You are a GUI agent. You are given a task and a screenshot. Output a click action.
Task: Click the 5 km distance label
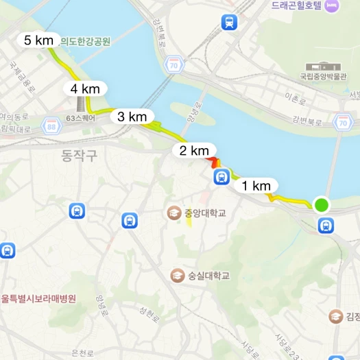click(x=38, y=40)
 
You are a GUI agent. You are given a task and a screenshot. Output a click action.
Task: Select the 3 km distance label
click(x=132, y=117)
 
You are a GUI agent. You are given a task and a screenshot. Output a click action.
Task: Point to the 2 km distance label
click(x=194, y=150)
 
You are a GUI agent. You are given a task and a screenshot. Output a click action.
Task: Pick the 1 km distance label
click(x=256, y=185)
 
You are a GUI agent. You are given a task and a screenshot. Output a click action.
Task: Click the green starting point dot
click(x=321, y=204)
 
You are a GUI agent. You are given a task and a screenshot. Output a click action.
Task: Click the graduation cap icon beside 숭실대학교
click(x=176, y=275)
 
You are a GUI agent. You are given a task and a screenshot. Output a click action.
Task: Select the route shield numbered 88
click(x=51, y=125)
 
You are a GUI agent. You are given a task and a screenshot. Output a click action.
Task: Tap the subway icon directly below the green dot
click(x=326, y=224)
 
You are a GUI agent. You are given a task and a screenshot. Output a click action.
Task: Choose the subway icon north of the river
click(x=229, y=22)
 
